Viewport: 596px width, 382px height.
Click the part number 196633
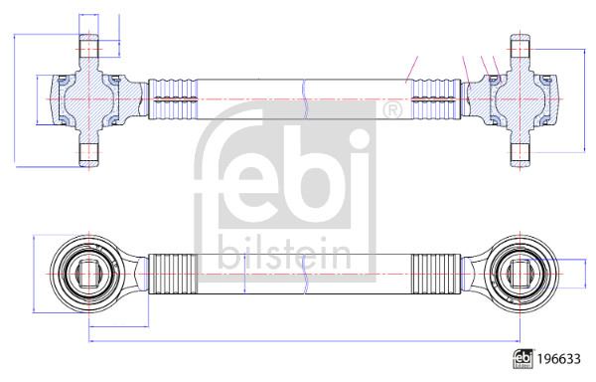coord(558,359)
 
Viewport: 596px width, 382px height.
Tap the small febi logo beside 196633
coord(522,359)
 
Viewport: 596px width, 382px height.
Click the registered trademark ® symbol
coord(391,110)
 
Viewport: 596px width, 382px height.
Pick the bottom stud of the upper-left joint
coord(89,154)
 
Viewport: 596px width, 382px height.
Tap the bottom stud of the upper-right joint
coord(520,154)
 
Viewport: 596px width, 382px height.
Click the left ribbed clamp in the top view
coord(173,99)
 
